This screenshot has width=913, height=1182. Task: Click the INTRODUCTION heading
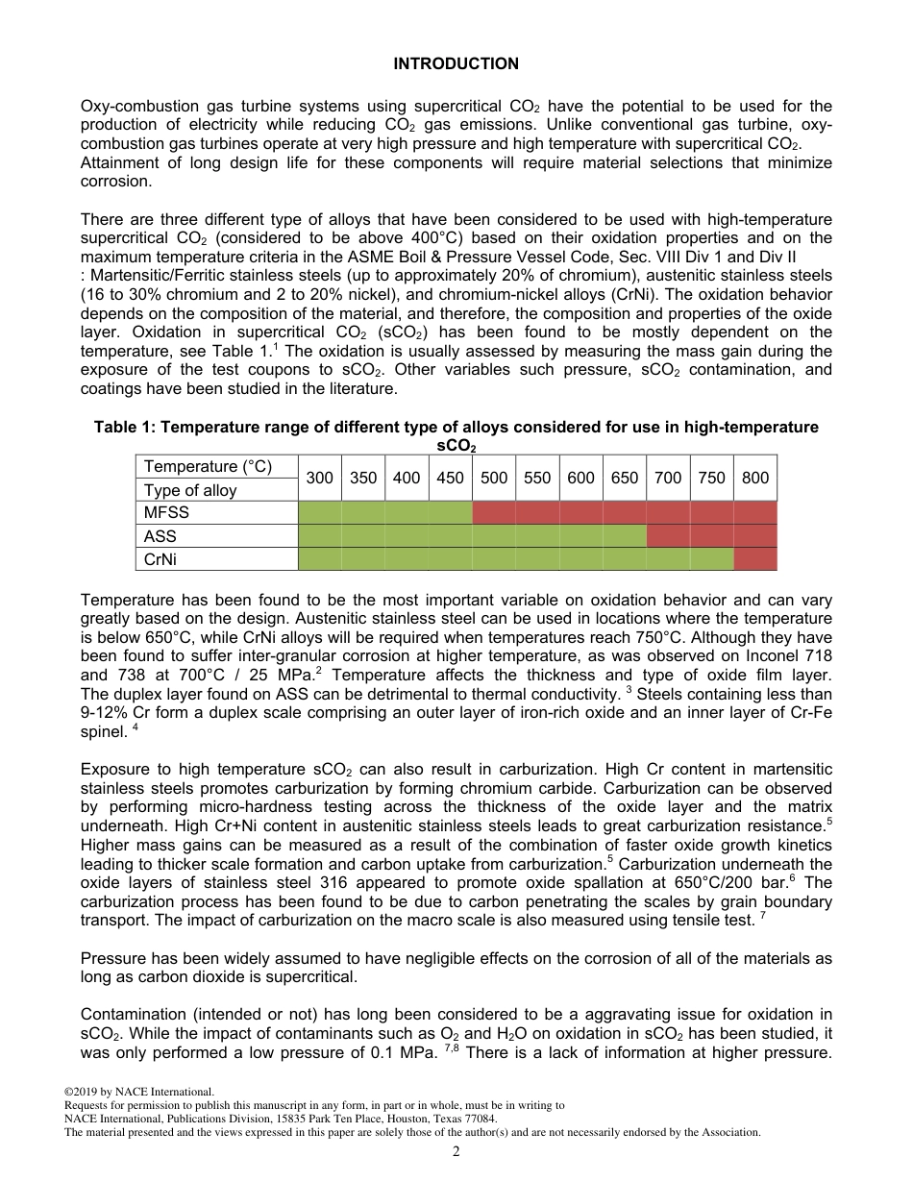pos(456,63)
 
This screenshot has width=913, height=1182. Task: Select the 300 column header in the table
pos(320,478)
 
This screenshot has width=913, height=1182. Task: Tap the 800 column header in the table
pos(755,478)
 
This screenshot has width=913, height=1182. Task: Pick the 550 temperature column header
pos(537,478)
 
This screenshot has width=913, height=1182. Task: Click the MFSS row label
pos(167,513)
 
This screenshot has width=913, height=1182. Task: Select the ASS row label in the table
pos(160,536)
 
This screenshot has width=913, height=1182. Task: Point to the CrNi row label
pos(161,559)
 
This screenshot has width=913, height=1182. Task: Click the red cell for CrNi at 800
pos(755,559)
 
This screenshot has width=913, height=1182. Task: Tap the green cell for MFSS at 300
pos(320,513)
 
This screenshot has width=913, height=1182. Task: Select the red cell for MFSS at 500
pos(494,513)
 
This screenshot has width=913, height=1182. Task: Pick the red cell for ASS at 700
pos(668,536)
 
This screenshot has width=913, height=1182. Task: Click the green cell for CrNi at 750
pos(711,559)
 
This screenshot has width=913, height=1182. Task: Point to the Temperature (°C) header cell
pos(208,467)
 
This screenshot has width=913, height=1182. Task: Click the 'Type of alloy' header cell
pos(190,490)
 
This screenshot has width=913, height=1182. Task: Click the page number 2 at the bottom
pos(456,1152)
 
